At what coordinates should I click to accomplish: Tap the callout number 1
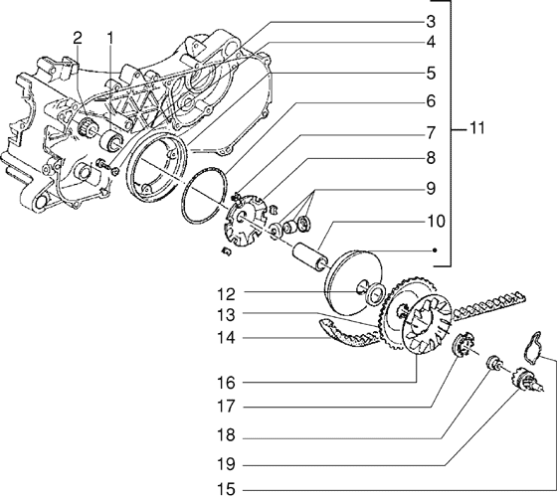(111, 38)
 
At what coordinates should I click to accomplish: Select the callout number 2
(77, 38)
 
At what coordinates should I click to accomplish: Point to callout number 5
(432, 73)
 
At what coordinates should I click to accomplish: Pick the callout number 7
(432, 131)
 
